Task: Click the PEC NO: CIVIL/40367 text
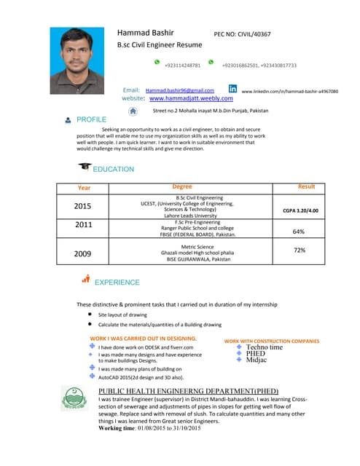coord(241,33)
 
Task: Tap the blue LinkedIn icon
coord(232,89)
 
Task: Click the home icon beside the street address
coord(133,111)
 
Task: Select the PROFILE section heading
coord(91,119)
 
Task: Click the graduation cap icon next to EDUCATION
coord(85,167)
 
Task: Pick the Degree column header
coord(182,187)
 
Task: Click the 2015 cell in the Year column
coord(83,207)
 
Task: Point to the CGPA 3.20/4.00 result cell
coord(300,211)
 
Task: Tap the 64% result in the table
coord(299,232)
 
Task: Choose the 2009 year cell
coord(83,253)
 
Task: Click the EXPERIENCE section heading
coord(117,282)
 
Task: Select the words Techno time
coord(265,347)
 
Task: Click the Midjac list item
coord(257,360)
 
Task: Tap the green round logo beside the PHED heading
coord(85,402)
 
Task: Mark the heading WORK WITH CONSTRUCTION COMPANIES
coord(272,340)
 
